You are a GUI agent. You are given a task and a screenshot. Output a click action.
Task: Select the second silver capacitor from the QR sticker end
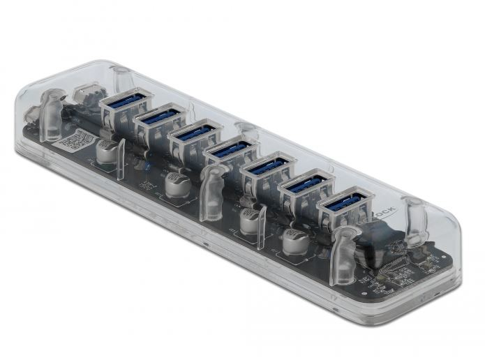point(175,186)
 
